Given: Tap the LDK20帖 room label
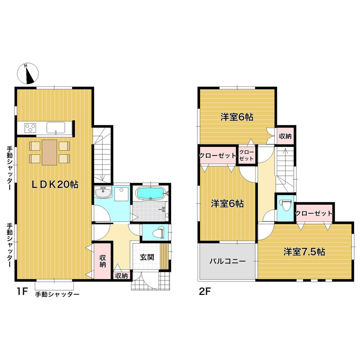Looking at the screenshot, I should coord(54,185).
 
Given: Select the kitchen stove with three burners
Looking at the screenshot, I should coord(31,128).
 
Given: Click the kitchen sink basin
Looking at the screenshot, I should coord(55,127).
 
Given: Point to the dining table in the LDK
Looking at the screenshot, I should coord(50,152).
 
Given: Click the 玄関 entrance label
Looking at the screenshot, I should coord(147,257).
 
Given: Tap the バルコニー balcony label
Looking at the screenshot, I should coord(228,261).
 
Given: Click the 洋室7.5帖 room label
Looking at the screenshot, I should coord(304,252).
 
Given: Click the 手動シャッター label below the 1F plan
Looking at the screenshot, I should coord(57,294).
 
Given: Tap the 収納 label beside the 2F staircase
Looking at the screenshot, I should coord(285,136).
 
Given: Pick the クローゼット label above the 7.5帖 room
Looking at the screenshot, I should coord(314,213).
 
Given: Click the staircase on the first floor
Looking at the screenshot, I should coord(102,155).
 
